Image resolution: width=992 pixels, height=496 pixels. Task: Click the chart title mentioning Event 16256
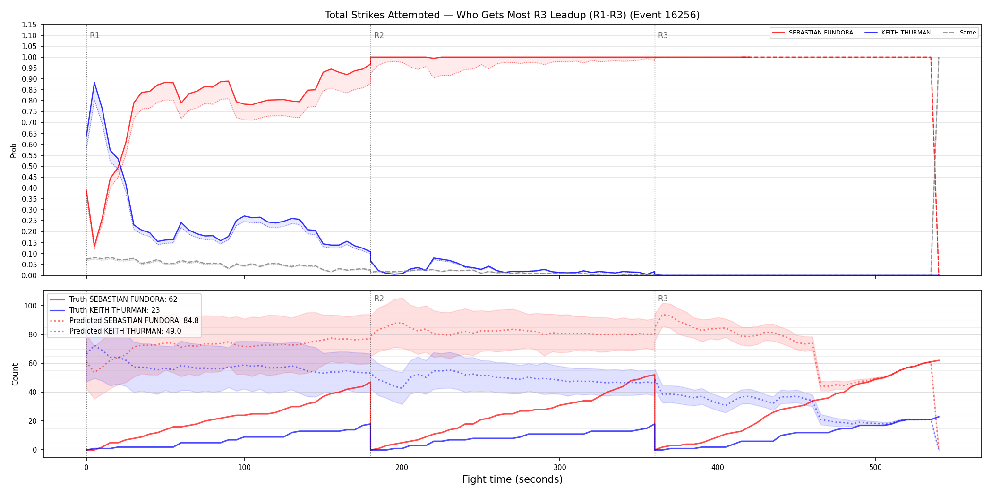[x=512, y=15]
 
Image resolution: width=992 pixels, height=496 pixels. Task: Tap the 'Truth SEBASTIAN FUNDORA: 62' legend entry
[x=123, y=299]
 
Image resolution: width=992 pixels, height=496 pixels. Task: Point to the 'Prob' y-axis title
[x=14, y=150]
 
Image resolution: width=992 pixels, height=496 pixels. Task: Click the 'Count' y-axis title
[x=15, y=374]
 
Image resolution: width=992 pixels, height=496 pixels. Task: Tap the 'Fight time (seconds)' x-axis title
[x=513, y=479]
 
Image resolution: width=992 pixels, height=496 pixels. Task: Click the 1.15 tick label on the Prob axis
[x=29, y=25]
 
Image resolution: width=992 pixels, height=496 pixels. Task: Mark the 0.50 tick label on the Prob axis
[x=29, y=166]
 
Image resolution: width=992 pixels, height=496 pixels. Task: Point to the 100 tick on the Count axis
[x=30, y=306]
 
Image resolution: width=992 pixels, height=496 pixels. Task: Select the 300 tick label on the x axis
[x=560, y=468]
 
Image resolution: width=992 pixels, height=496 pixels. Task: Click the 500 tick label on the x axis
[x=875, y=468]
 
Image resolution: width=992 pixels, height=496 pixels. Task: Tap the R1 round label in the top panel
[x=94, y=35]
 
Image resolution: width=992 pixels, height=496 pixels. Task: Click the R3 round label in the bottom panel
[x=663, y=299]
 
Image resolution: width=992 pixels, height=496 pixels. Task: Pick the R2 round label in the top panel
[x=379, y=35]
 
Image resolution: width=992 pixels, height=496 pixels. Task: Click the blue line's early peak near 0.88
[x=94, y=83]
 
